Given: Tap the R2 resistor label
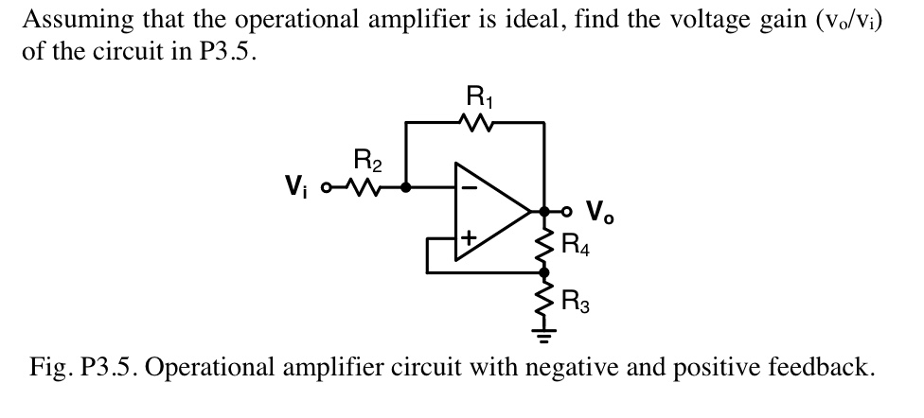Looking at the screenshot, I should [367, 158].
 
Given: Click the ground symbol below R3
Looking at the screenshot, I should [544, 333].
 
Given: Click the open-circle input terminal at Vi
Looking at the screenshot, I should [328, 187].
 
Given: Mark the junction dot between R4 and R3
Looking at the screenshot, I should [544, 272].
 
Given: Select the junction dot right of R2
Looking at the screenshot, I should [406, 187].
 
